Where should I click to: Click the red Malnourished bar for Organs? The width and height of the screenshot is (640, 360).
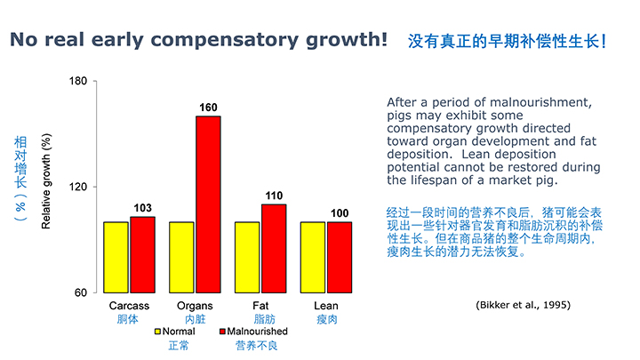coord(208,204)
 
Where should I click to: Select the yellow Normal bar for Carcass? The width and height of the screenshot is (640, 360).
coord(116,257)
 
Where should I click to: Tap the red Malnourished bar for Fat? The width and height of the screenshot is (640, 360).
coord(274,248)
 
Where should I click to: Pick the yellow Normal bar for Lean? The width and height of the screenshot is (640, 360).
coord(312,257)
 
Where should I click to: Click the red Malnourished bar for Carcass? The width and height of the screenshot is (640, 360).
coord(143,254)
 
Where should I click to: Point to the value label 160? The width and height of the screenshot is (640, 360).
coord(208,108)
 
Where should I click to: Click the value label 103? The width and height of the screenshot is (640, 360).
coord(143,209)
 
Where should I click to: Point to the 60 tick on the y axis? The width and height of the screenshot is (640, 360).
coord(80,293)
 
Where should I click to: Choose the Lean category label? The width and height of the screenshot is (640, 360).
coord(325,306)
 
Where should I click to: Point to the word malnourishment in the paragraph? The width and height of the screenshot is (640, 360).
coord(540,102)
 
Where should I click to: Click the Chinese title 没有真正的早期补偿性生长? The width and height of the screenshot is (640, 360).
coord(503,41)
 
